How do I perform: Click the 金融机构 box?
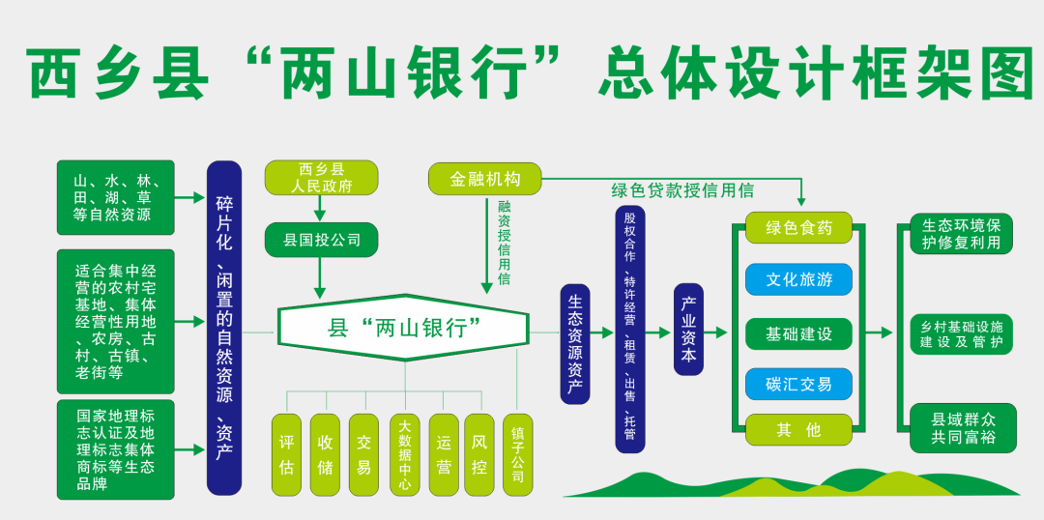[484, 179]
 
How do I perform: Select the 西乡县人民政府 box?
[321, 179]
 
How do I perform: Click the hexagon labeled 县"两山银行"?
[405, 328]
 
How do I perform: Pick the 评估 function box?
[286, 454]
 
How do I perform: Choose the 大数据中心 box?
[405, 454]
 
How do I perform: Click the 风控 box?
[479, 454]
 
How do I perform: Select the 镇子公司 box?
[517, 454]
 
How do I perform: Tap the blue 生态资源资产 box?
[575, 344]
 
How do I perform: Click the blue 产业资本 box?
[688, 330]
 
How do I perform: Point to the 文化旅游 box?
[798, 279]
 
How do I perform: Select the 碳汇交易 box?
[798, 384]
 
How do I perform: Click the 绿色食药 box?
[798, 228]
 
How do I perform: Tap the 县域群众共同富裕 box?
[963, 428]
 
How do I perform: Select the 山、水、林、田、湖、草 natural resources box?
[116, 198]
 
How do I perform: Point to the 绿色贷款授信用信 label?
[682, 190]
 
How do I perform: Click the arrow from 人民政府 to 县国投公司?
[320, 210]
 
